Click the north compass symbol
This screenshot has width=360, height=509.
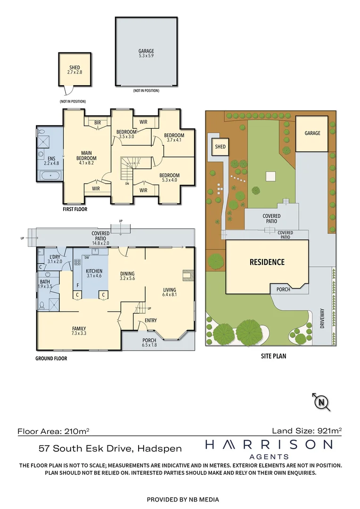click(x=321, y=402)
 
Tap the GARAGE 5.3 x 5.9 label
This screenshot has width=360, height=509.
click(x=146, y=54)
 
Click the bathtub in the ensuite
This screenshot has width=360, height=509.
click(x=50, y=176)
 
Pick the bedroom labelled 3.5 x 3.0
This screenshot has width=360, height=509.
click(x=126, y=134)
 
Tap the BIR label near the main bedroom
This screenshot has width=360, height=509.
click(x=98, y=122)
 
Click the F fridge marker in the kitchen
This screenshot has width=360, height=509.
click(x=77, y=286)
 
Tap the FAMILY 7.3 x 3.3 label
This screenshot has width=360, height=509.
click(x=79, y=330)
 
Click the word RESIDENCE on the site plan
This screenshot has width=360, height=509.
click(x=267, y=262)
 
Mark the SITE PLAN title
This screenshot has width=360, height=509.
click(x=273, y=356)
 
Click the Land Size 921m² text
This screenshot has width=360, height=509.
click(x=307, y=430)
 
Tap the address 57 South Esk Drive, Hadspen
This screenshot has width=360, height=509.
click(x=110, y=448)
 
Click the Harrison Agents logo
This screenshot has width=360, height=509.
click(x=269, y=449)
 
